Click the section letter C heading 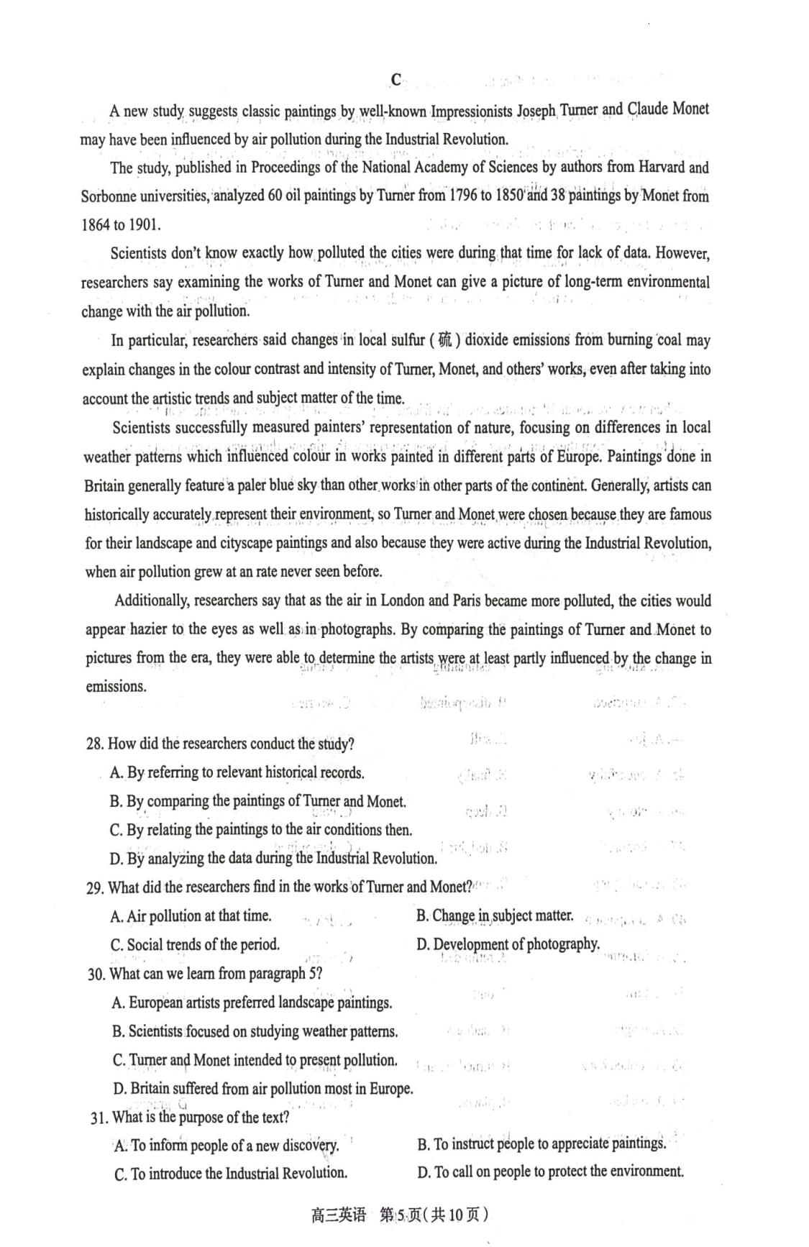pos(396,80)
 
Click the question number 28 pos(94,744)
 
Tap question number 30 pos(96,974)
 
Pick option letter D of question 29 pos(421,944)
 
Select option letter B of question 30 pos(118,1032)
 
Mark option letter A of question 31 pos(119,1146)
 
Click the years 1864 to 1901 pos(121,224)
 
